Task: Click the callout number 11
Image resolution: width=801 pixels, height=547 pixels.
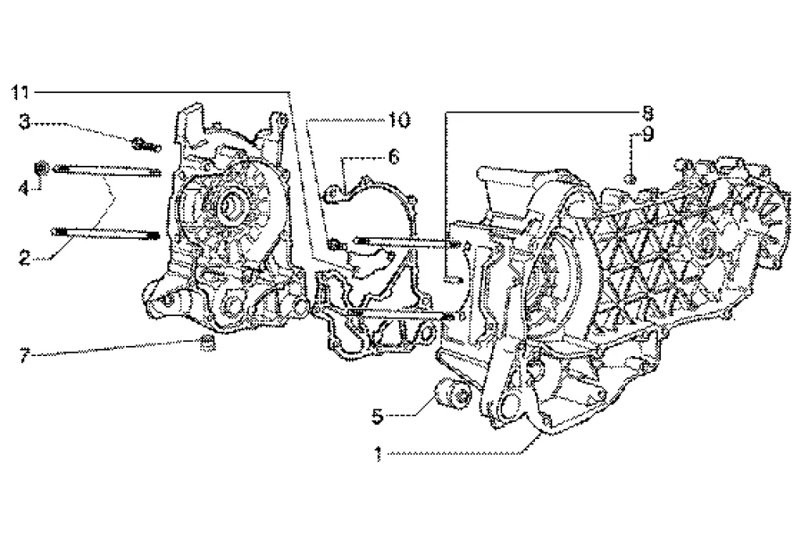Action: point(21,92)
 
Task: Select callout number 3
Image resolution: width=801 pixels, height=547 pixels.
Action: point(25,121)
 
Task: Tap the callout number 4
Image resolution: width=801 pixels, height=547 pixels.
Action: point(25,188)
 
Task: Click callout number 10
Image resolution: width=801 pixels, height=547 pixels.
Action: point(398,120)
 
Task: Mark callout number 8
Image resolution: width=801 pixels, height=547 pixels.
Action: point(647,111)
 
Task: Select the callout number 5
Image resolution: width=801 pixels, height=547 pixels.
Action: point(378,416)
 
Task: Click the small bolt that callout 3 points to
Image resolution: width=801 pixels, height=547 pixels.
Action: point(145,144)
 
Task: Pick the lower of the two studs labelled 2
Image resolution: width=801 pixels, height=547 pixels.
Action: point(105,232)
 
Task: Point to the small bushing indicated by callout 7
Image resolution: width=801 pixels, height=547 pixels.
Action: point(207,342)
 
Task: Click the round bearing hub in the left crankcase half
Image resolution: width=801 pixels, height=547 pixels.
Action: point(232,206)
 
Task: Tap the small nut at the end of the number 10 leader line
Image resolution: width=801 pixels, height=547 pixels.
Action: point(337,244)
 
